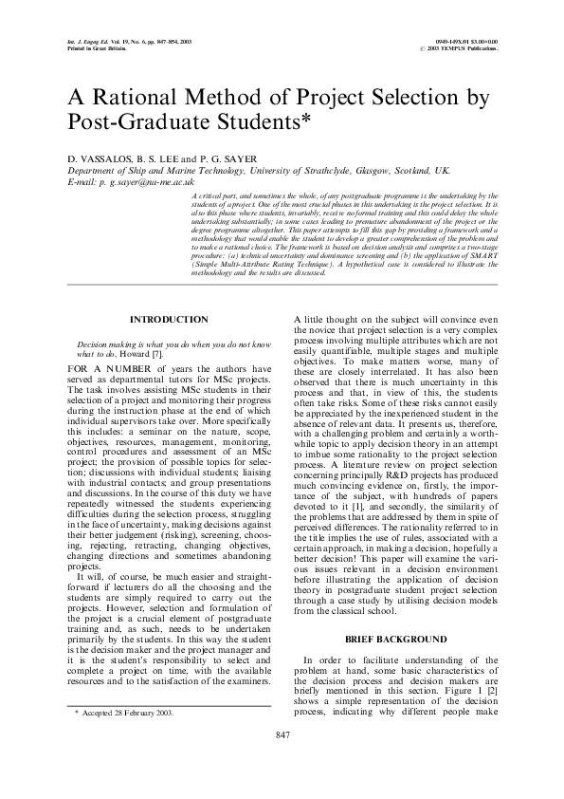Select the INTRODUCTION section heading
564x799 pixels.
click(169, 320)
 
